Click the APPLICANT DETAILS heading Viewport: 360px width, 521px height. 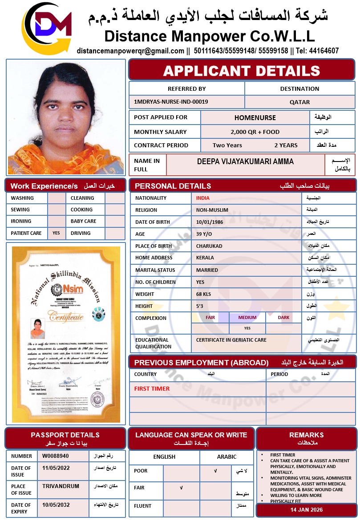[242, 70]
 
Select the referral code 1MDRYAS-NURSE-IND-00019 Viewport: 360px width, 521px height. [171, 102]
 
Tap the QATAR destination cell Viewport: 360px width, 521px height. [299, 102]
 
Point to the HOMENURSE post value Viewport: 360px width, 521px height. [255, 118]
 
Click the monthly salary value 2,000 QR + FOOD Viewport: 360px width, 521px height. [255, 132]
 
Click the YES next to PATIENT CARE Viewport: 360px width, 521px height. [56, 233]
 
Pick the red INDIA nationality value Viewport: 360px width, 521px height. [202, 198]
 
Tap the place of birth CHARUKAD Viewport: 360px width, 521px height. [209, 246]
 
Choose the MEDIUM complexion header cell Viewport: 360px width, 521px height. [247, 318]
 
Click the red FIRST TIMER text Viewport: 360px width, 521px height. [152, 388]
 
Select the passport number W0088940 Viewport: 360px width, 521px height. [56, 456]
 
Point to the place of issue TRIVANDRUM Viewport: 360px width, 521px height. [61, 486]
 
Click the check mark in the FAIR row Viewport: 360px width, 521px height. [181, 488]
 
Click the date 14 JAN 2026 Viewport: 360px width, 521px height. [307, 510]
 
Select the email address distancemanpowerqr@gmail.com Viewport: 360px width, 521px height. [130, 51]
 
